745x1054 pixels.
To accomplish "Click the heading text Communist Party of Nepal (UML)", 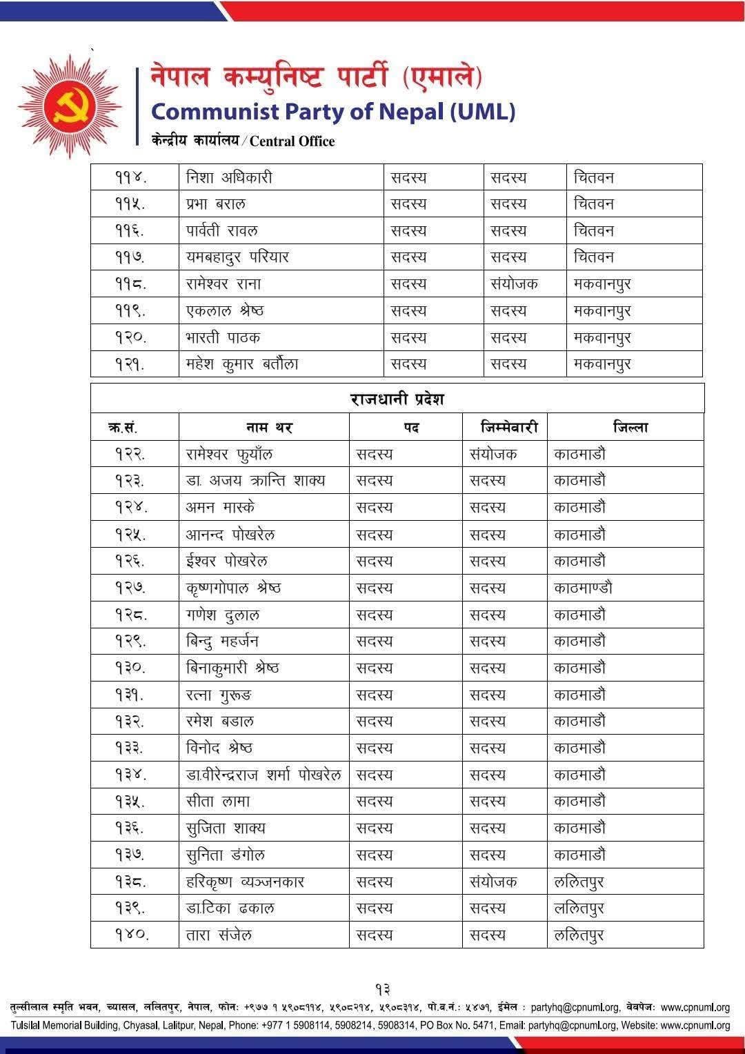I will click(332, 111).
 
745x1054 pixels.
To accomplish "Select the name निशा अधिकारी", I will click(229, 177).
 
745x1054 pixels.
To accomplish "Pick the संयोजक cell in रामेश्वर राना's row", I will click(514, 284).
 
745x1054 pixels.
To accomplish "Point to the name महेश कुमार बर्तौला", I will click(242, 364).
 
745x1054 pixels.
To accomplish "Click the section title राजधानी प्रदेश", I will click(397, 399).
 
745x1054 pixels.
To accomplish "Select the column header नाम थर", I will click(269, 428).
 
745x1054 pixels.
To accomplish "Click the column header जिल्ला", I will click(630, 427).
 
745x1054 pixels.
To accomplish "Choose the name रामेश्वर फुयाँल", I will click(230, 454).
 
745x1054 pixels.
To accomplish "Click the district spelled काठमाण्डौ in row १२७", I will click(583, 588).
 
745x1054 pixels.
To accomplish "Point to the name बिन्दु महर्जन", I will click(222, 642).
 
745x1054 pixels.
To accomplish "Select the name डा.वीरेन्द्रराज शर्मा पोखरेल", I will click(264, 775).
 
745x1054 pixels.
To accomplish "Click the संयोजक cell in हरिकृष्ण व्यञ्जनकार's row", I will click(493, 882).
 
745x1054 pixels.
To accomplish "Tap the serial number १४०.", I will click(132, 935).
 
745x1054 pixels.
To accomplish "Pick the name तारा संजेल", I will click(219, 935).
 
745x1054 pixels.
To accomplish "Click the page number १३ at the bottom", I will click(384, 991).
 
